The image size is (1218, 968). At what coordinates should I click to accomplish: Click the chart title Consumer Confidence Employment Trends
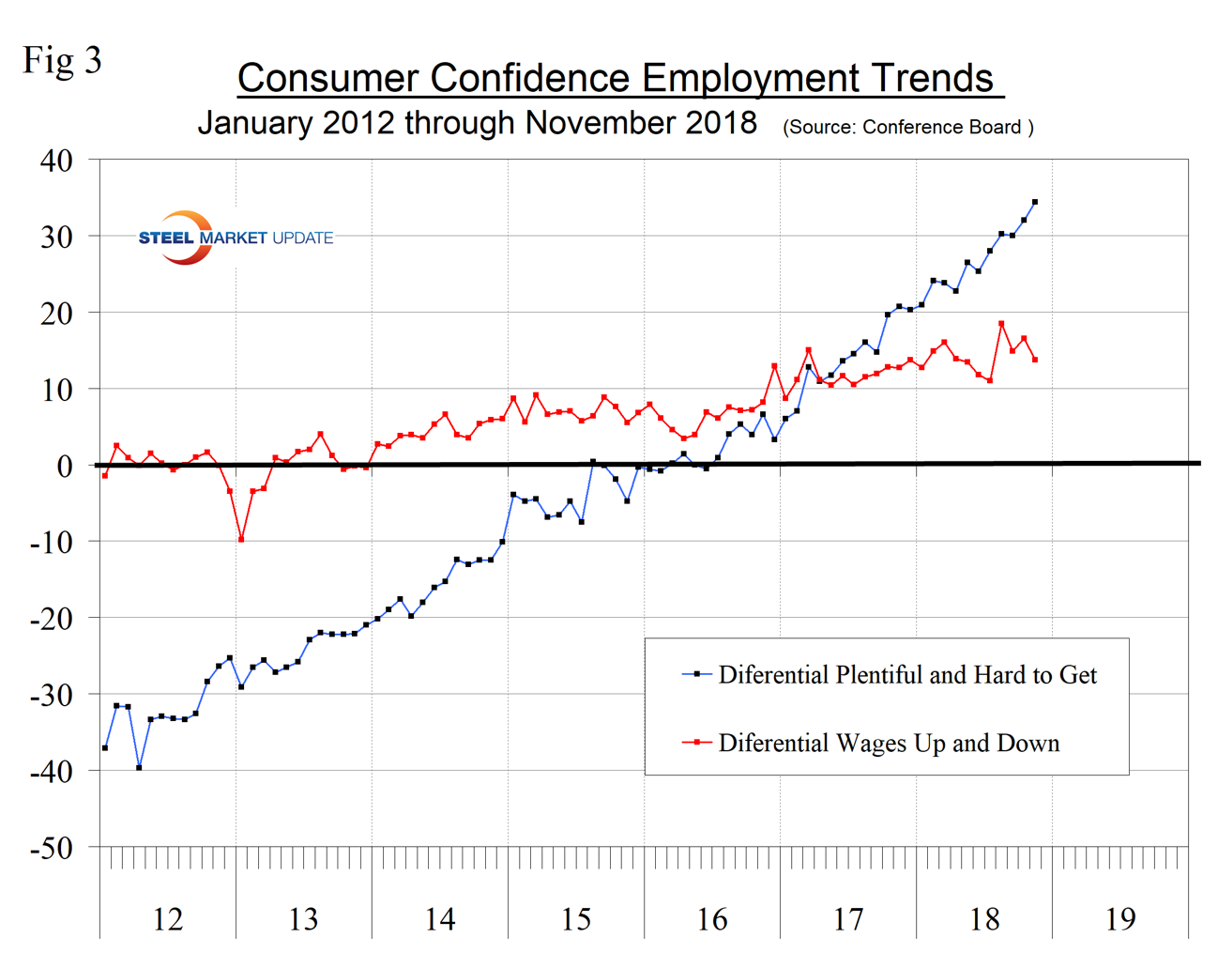coord(619,78)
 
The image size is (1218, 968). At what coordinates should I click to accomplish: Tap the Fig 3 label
coord(62,60)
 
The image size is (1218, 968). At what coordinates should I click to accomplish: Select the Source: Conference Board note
coord(907,127)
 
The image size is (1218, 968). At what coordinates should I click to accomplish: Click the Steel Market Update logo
coord(235,238)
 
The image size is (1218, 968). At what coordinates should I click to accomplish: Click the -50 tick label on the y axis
coord(52,848)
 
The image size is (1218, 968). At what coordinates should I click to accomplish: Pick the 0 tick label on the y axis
coord(64,466)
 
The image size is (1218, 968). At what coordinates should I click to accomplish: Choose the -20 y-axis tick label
coord(52,618)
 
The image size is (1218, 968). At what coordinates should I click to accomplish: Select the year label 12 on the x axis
coord(167,918)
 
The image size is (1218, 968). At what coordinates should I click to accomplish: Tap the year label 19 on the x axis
coord(1120,918)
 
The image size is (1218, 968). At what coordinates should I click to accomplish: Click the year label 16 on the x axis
coord(712,918)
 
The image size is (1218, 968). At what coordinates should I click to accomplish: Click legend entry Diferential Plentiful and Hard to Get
coord(906,675)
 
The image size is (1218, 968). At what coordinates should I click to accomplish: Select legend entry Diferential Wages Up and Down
coord(888,743)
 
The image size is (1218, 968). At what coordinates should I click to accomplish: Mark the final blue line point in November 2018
coord(1035,202)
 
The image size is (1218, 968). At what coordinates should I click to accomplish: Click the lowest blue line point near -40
coord(139,767)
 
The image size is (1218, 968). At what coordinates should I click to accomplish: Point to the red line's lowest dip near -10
coord(241,539)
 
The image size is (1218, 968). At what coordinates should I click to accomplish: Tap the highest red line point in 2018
coord(1001,324)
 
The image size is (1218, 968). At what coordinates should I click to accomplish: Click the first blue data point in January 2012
coord(105,747)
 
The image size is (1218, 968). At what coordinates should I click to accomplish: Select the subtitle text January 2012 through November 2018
coord(477,123)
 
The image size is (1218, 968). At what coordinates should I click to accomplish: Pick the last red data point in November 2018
coord(1035,360)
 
